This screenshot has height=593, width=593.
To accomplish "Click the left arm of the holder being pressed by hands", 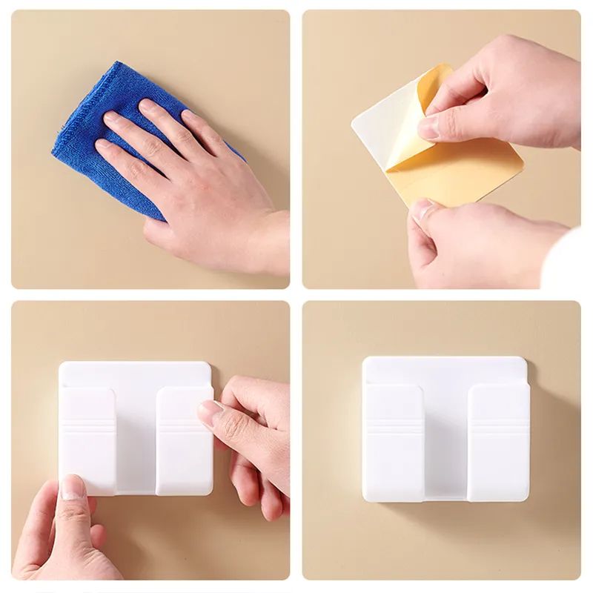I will (x=88, y=437).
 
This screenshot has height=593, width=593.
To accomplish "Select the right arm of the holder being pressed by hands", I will (x=182, y=437).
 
